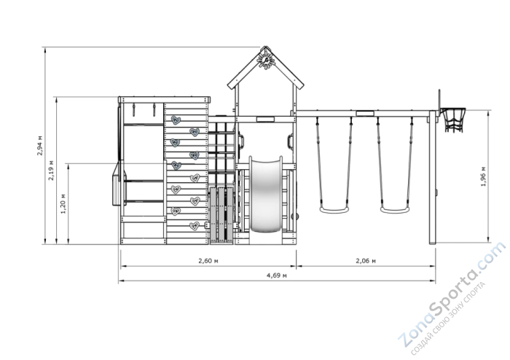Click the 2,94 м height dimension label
coord(40,145)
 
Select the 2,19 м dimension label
coord(52,170)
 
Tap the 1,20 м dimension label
coord(63,204)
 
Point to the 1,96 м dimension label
coord(483,176)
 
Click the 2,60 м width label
coord(208,261)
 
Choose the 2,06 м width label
coord(366,261)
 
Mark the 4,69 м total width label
coord(277,275)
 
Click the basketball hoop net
coord(452,120)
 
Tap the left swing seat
coord(334,210)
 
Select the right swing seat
coord(395,210)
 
